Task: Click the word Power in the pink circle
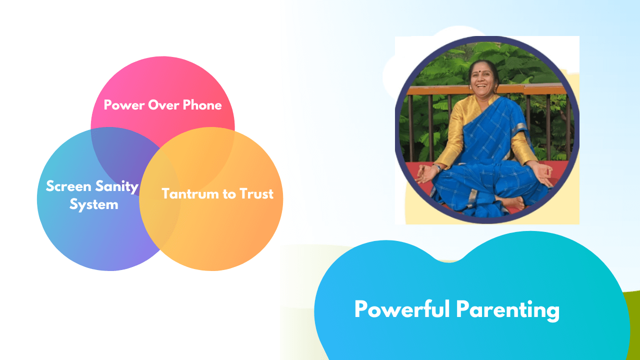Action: click(x=124, y=105)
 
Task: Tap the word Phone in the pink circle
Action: click(x=202, y=105)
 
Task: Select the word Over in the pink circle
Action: click(x=163, y=105)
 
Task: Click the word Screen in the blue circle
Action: click(x=68, y=186)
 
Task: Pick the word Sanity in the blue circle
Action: click(x=117, y=187)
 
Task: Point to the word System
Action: click(x=94, y=204)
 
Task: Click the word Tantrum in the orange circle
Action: click(x=190, y=193)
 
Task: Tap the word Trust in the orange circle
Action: click(x=256, y=193)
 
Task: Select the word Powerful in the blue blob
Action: click(x=402, y=309)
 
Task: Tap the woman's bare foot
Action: click(x=511, y=201)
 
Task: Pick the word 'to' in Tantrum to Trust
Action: click(x=229, y=194)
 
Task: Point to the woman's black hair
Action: click(x=483, y=64)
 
